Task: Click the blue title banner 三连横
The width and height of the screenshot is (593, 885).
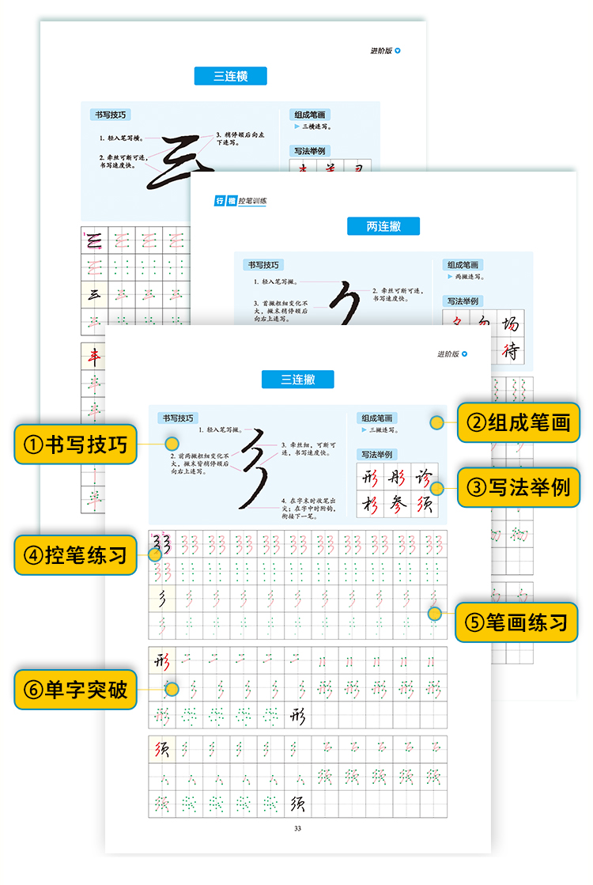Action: click(230, 76)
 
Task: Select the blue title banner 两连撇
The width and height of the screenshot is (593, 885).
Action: click(383, 226)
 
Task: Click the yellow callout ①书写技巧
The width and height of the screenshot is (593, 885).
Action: click(75, 444)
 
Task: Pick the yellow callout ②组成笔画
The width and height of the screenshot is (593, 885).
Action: click(519, 422)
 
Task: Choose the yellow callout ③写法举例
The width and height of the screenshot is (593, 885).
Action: click(519, 486)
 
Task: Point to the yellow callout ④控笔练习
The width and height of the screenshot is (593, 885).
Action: click(75, 555)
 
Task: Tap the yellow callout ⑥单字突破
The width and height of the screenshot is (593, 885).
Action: click(75, 689)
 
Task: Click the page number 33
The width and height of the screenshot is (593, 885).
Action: click(297, 828)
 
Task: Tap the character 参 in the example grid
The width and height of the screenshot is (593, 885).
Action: click(397, 504)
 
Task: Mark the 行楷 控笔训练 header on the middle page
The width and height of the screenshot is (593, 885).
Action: click(241, 201)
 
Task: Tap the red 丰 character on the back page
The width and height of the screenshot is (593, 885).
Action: click(94, 357)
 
